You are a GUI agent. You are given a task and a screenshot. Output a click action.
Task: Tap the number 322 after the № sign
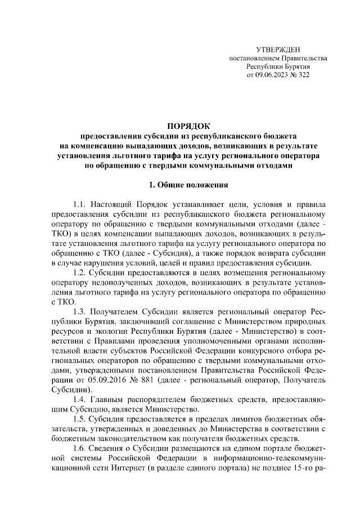(303, 74)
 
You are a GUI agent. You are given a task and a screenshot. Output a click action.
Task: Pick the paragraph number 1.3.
(81, 311)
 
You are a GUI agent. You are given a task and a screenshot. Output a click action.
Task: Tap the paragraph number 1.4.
(81, 399)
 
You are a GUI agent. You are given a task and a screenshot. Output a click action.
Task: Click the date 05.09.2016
(104, 379)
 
